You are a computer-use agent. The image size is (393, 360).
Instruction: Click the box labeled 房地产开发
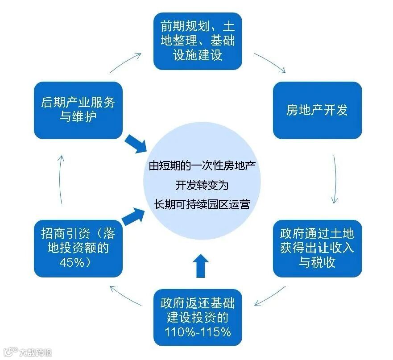[317, 110]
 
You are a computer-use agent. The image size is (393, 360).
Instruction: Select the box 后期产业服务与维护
[78, 110]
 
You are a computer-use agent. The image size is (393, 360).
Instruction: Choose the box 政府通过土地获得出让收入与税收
[317, 248]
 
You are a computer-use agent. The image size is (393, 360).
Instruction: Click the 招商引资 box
[78, 248]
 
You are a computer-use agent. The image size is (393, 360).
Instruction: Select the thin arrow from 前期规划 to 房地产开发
[270, 62]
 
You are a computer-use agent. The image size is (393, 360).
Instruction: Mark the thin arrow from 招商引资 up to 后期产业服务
[62, 178]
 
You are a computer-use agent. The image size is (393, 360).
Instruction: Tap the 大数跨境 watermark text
[35, 352]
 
